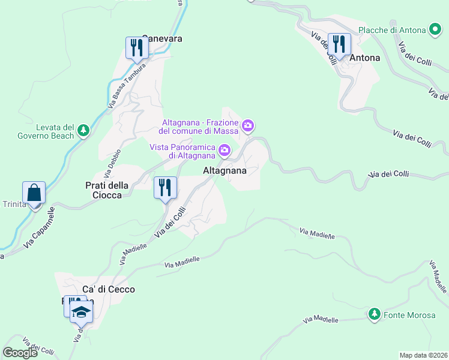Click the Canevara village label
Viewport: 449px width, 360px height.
[x=161, y=38]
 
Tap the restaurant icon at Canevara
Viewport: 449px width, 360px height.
[x=137, y=48]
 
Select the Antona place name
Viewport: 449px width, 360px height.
[x=365, y=58]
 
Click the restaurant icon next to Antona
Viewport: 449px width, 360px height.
[x=339, y=44]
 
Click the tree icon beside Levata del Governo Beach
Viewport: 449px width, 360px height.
[x=83, y=130]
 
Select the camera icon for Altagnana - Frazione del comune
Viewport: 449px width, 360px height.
[x=248, y=126]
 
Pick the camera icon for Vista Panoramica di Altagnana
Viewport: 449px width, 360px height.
[x=224, y=150]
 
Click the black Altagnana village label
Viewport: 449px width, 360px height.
[x=225, y=170]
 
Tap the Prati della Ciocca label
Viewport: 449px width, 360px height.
[x=100, y=190]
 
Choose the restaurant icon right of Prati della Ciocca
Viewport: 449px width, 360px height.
[x=164, y=188]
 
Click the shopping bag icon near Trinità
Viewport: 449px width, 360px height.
[x=34, y=193]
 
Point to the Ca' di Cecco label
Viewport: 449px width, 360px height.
[x=109, y=289]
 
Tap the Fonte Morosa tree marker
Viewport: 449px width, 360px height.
[x=375, y=314]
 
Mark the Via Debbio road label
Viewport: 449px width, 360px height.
[x=113, y=163]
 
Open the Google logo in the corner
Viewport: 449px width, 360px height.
[x=20, y=353]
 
